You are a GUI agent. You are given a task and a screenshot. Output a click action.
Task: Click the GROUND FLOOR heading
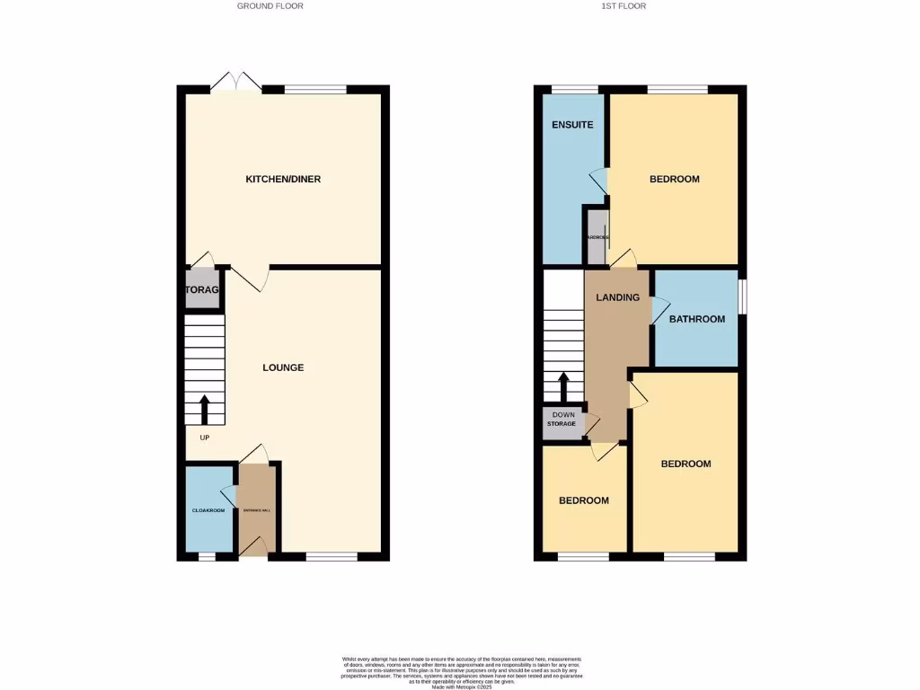coord(270,6)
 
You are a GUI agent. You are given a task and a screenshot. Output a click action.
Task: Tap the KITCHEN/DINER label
coord(283,180)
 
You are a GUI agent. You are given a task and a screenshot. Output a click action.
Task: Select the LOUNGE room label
coord(283,367)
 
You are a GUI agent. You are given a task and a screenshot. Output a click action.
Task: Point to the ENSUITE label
coord(572,125)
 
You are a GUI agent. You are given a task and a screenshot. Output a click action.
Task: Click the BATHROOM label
coord(696,319)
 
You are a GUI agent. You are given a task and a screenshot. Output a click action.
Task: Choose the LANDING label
coord(618,297)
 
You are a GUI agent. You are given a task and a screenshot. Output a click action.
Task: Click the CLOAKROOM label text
coord(208,510)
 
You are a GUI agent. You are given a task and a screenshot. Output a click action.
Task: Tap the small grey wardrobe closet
coord(597,236)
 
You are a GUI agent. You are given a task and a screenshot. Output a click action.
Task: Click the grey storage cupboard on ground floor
coord(204,290)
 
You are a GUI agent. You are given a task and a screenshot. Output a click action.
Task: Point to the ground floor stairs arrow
coord(204,409)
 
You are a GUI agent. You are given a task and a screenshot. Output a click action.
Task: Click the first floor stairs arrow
coord(563,387)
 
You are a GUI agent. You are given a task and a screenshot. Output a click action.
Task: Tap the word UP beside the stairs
coord(204,438)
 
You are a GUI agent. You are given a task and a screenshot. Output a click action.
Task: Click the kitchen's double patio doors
coord(236,83)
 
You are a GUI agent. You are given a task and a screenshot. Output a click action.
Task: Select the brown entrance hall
coord(254,509)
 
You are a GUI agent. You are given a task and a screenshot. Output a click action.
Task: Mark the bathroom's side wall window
coord(742,297)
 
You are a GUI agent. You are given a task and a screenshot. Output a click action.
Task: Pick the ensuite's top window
coord(575,89)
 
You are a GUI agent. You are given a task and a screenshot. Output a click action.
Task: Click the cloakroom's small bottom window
coord(207,557)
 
